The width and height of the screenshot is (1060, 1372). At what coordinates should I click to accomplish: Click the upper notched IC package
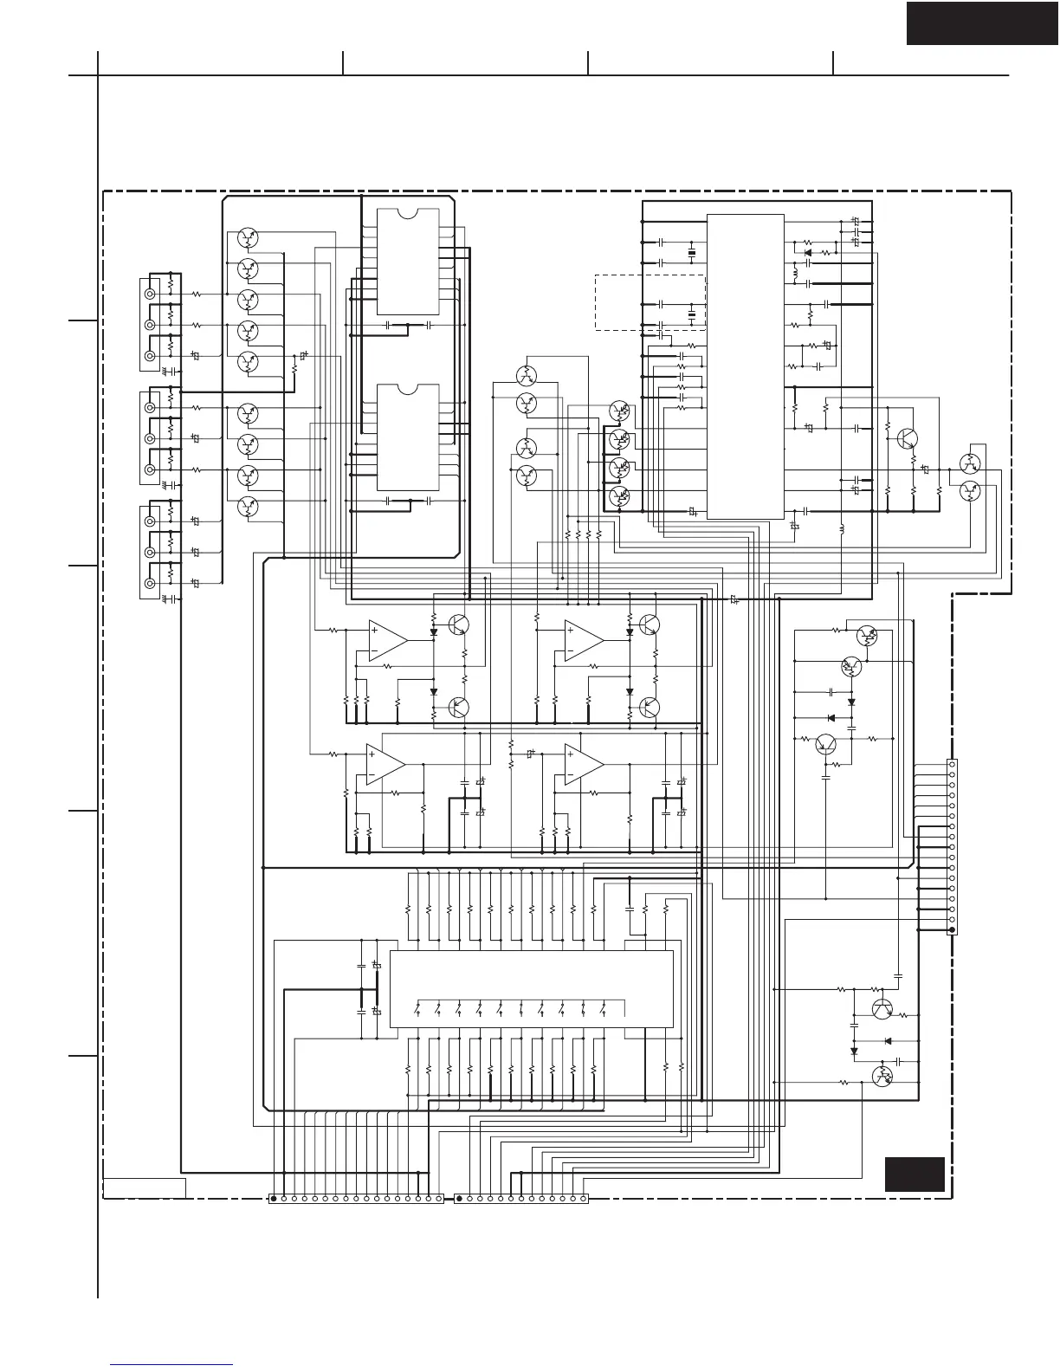pyautogui.click(x=408, y=262)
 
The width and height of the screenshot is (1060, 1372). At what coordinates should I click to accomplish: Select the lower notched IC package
pyautogui.click(x=408, y=437)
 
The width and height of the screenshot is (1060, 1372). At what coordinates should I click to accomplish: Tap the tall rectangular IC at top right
pyautogui.click(x=745, y=366)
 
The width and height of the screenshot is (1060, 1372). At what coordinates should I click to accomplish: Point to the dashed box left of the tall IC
pyautogui.click(x=650, y=301)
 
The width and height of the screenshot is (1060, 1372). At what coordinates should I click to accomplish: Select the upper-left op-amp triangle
pyautogui.click(x=386, y=640)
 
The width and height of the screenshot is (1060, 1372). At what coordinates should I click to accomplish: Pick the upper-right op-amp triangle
pyautogui.click(x=583, y=640)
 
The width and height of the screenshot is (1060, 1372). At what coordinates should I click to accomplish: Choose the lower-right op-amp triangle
pyautogui.click(x=583, y=764)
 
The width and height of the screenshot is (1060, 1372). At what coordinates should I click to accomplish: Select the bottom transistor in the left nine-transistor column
pyautogui.click(x=248, y=506)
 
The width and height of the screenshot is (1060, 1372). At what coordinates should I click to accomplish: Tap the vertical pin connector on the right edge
pyautogui.click(x=952, y=846)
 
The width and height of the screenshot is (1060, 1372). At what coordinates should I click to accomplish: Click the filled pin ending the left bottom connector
pyautogui.click(x=274, y=1199)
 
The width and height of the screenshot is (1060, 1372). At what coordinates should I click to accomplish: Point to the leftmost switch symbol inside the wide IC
pyautogui.click(x=417, y=1009)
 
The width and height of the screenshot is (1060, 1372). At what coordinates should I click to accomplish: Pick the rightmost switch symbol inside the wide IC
pyautogui.click(x=625, y=1009)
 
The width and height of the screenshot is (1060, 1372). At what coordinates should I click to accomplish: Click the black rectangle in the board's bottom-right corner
pyautogui.click(x=914, y=1174)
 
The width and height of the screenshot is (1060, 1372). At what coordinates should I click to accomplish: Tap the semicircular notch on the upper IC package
pyautogui.click(x=408, y=212)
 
